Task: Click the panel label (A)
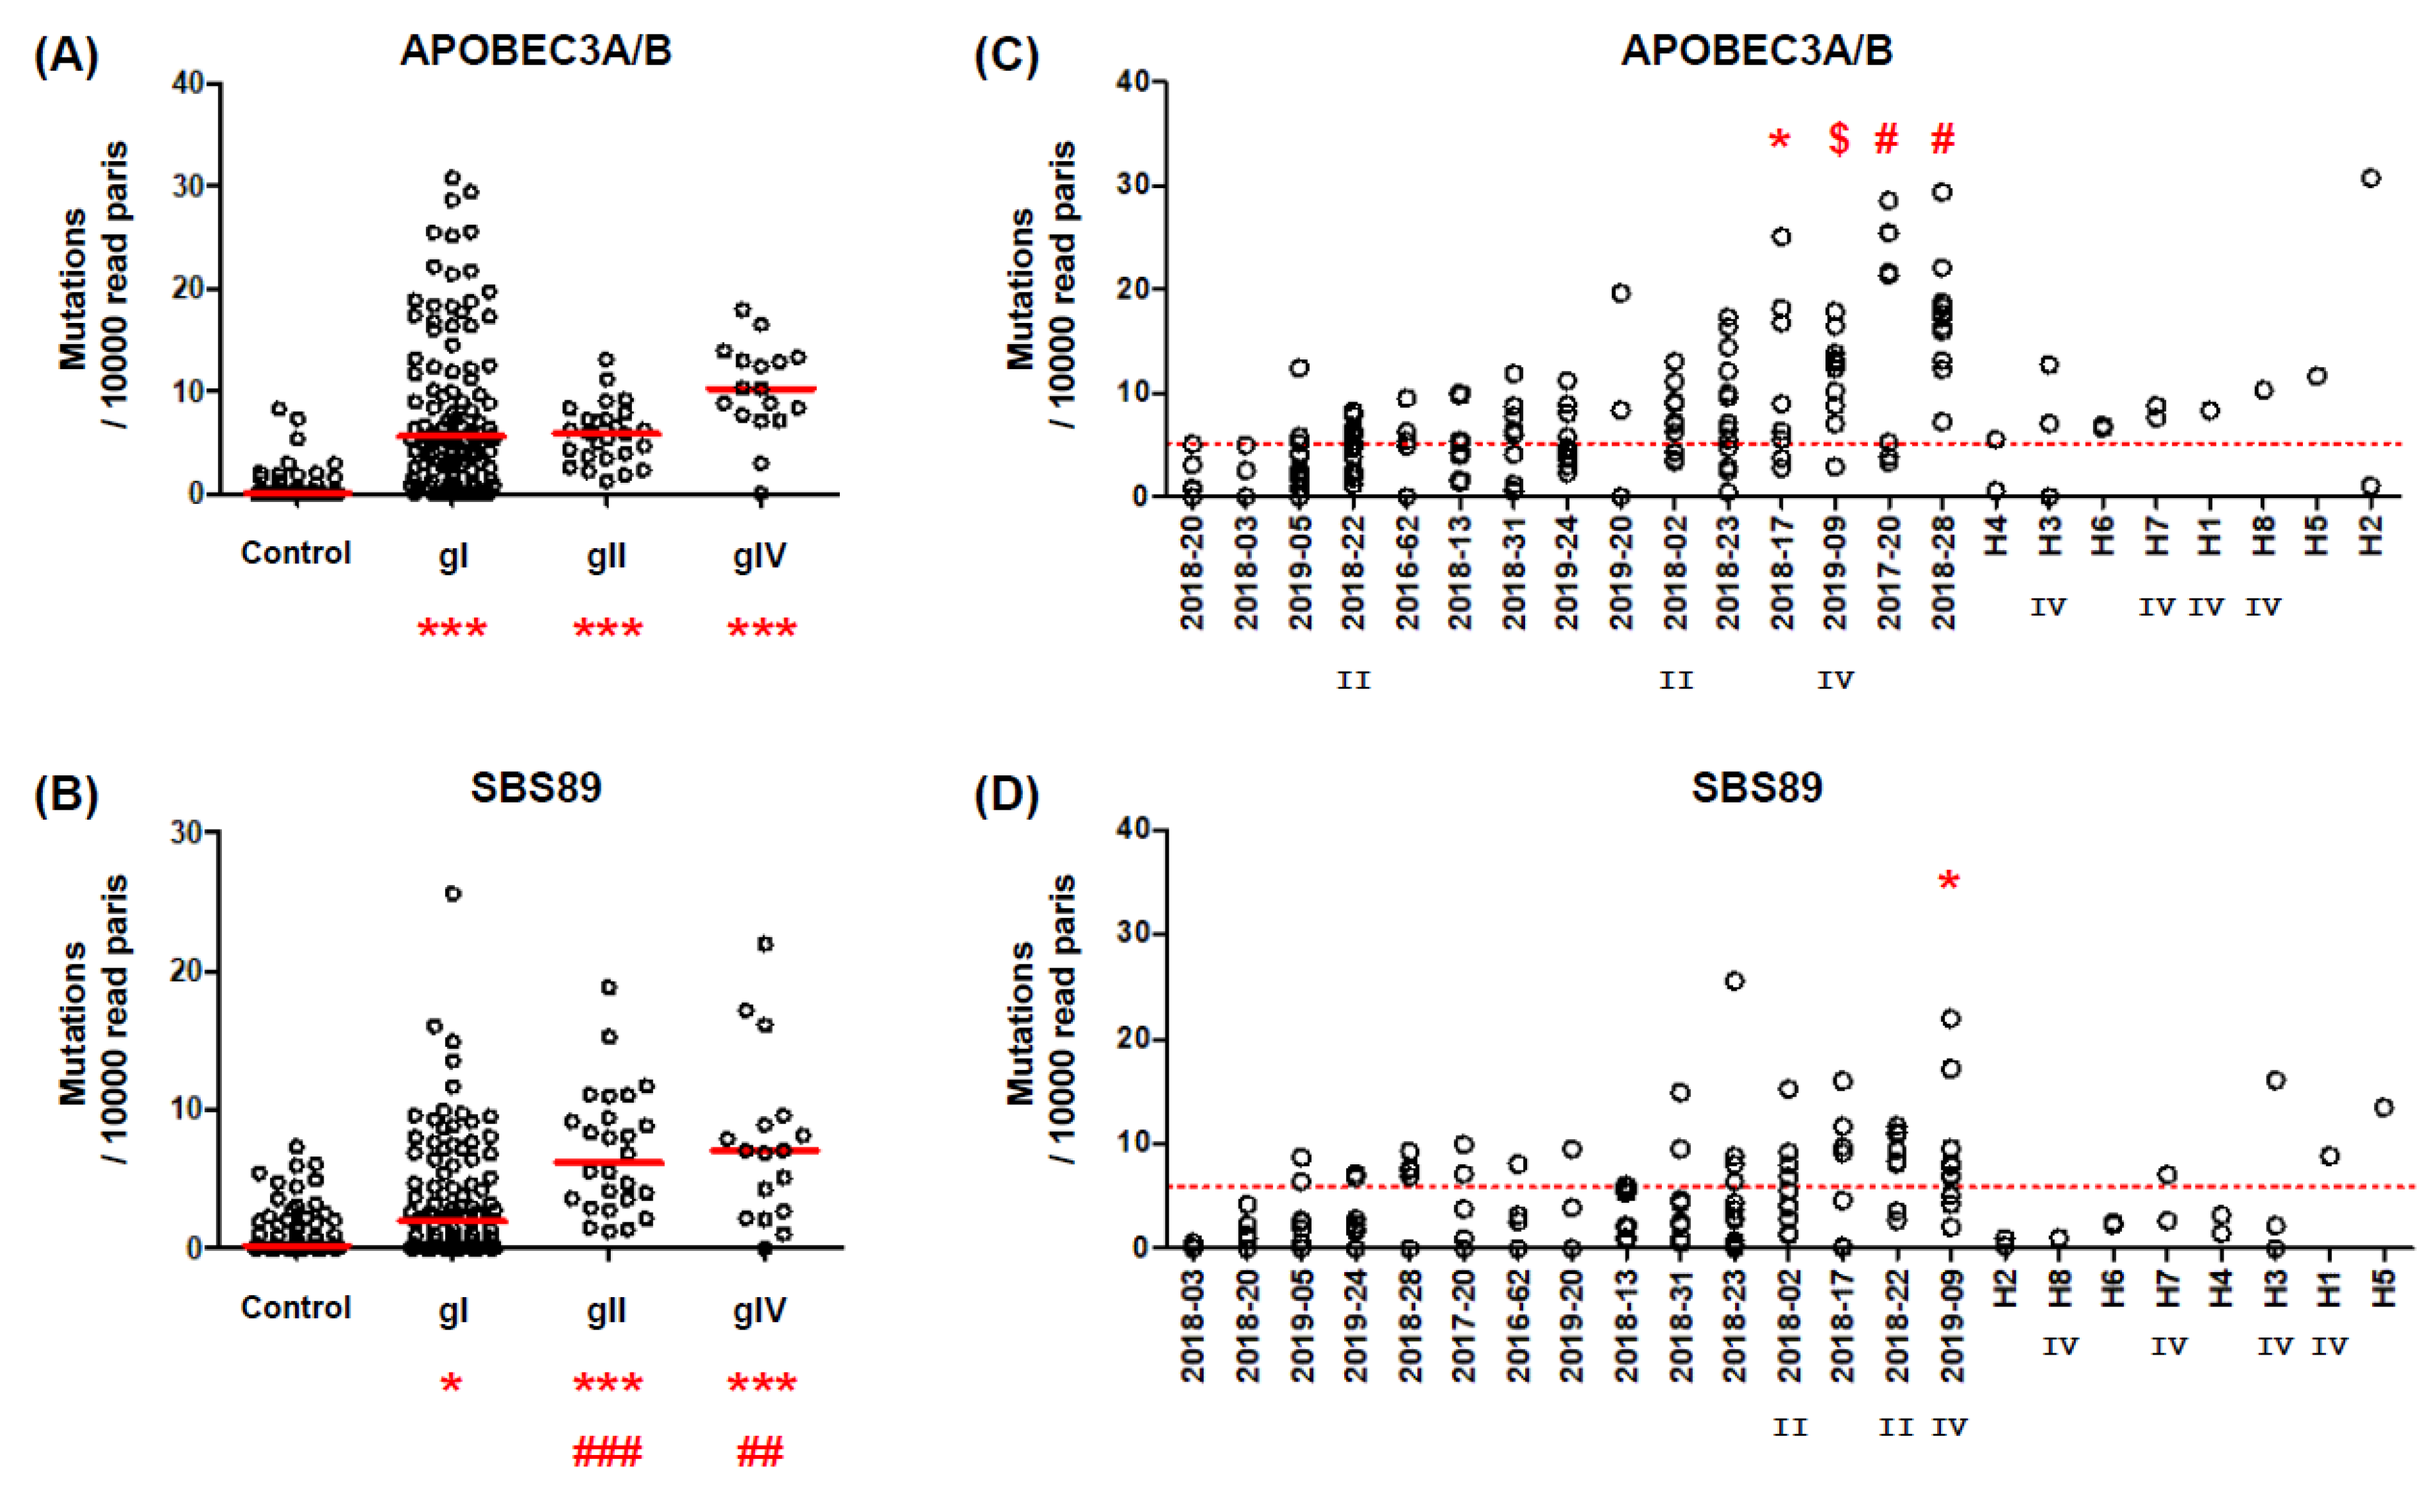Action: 65,55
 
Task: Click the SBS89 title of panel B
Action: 535,788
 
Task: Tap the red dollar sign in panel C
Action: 1839,139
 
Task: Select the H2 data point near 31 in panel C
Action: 2371,178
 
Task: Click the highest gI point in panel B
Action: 452,894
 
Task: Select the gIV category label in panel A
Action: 759,555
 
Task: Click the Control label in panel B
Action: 296,1308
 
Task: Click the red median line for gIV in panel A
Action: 760,390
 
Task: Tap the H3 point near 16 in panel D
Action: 2275,1081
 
